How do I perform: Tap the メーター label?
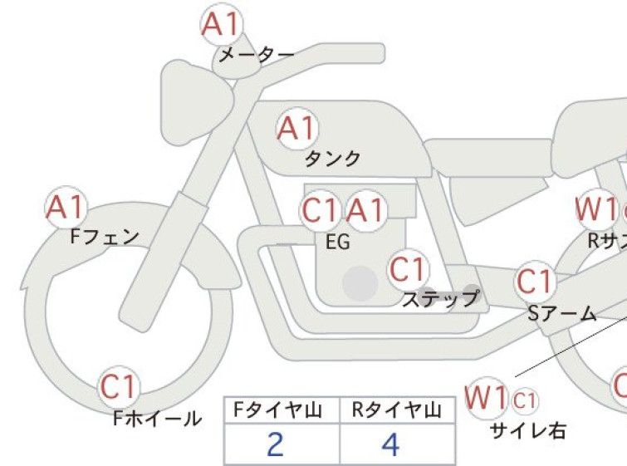256,56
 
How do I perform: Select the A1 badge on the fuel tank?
297,129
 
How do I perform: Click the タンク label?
332,158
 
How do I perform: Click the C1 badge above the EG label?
321,211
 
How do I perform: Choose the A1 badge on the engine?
365,211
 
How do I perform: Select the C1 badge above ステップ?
409,270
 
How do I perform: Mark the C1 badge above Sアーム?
534,282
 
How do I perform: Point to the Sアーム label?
562,313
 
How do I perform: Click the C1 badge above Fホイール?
120,386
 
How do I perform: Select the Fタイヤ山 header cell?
281,410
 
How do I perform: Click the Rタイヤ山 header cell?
397,410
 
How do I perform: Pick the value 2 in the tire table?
276,445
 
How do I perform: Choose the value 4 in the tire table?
390,445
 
